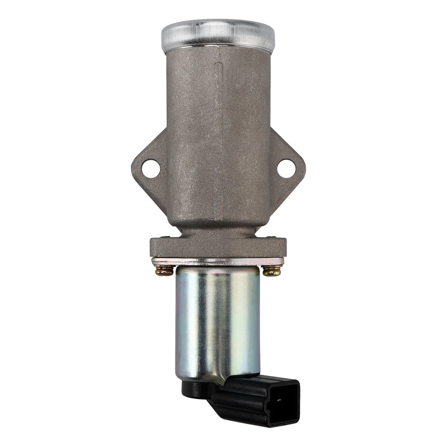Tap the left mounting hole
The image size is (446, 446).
point(151,168)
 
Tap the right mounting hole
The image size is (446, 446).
point(286,168)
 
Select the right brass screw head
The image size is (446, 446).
point(272,271)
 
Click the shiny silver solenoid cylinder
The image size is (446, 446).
point(217,321)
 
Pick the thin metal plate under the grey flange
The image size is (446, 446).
point(218,262)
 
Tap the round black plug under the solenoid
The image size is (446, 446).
point(193,388)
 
